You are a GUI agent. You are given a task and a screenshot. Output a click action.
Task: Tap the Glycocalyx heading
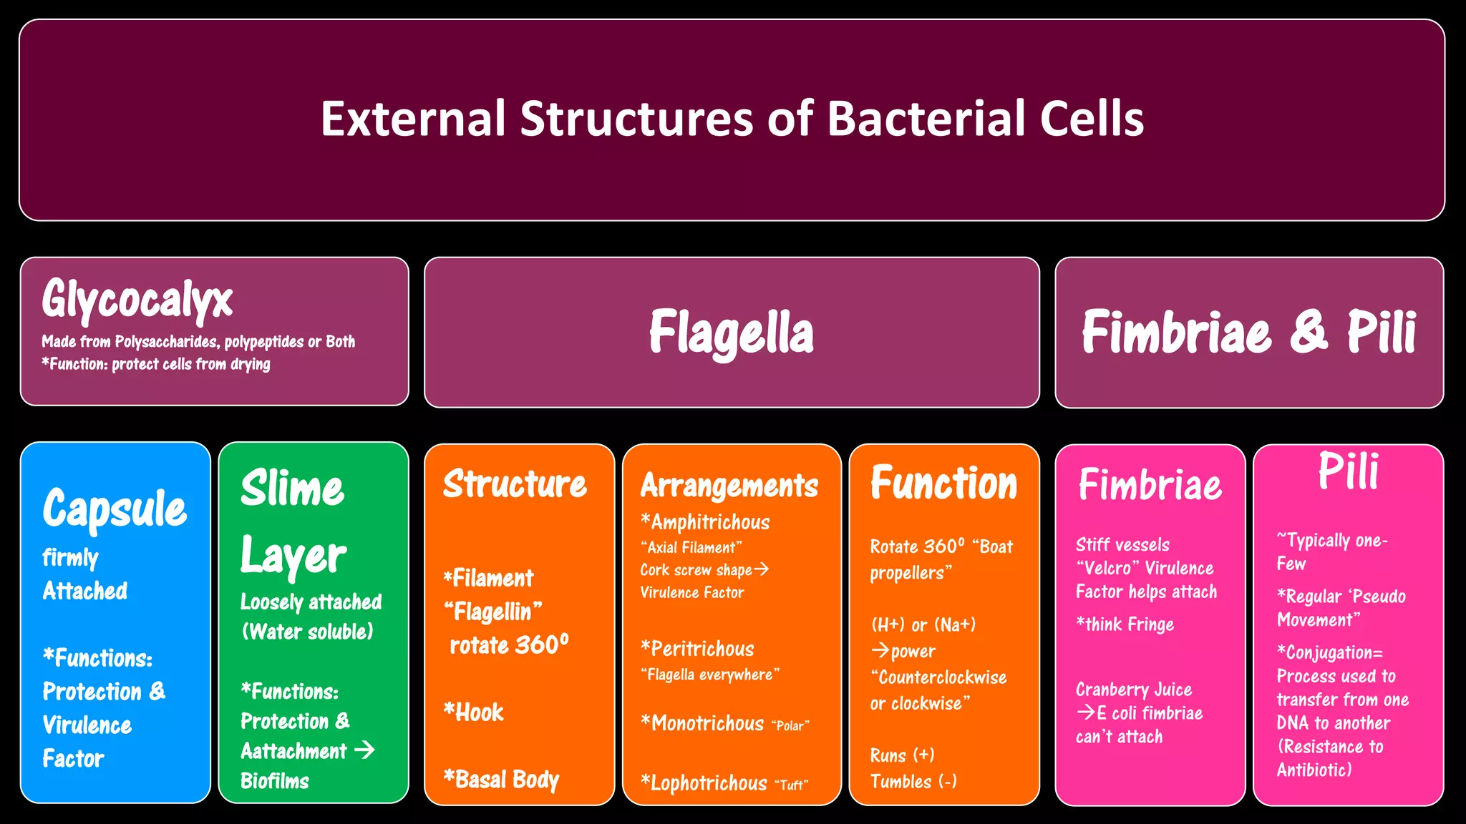(137, 300)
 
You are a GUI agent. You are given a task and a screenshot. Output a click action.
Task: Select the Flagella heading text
(731, 333)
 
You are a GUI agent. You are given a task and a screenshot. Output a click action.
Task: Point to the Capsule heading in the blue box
(115, 509)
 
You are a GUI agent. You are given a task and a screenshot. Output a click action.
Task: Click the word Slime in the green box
(292, 489)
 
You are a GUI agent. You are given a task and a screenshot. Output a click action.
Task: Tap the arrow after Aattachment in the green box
(364, 750)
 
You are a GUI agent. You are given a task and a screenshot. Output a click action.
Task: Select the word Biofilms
(274, 780)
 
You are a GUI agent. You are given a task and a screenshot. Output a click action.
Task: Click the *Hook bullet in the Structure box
(473, 712)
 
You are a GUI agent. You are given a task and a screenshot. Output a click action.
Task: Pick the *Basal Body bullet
(501, 779)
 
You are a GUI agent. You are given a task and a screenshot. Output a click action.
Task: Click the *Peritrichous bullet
(697, 649)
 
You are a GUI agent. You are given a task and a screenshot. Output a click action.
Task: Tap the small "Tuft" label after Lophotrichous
(791, 785)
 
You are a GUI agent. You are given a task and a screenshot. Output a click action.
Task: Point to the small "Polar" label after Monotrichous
(790, 726)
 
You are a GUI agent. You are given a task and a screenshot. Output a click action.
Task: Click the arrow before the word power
(880, 650)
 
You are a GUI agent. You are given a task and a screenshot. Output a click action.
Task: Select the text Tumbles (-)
(913, 782)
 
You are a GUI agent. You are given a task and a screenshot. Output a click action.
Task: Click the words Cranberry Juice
(1133, 690)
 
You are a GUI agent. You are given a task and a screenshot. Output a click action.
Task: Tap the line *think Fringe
(1125, 624)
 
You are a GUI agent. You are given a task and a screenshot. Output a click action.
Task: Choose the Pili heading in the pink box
(1348, 472)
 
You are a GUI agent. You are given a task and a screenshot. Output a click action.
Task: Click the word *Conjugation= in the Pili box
(1330, 652)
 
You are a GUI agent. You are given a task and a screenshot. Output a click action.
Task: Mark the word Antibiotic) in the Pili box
(1314, 770)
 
